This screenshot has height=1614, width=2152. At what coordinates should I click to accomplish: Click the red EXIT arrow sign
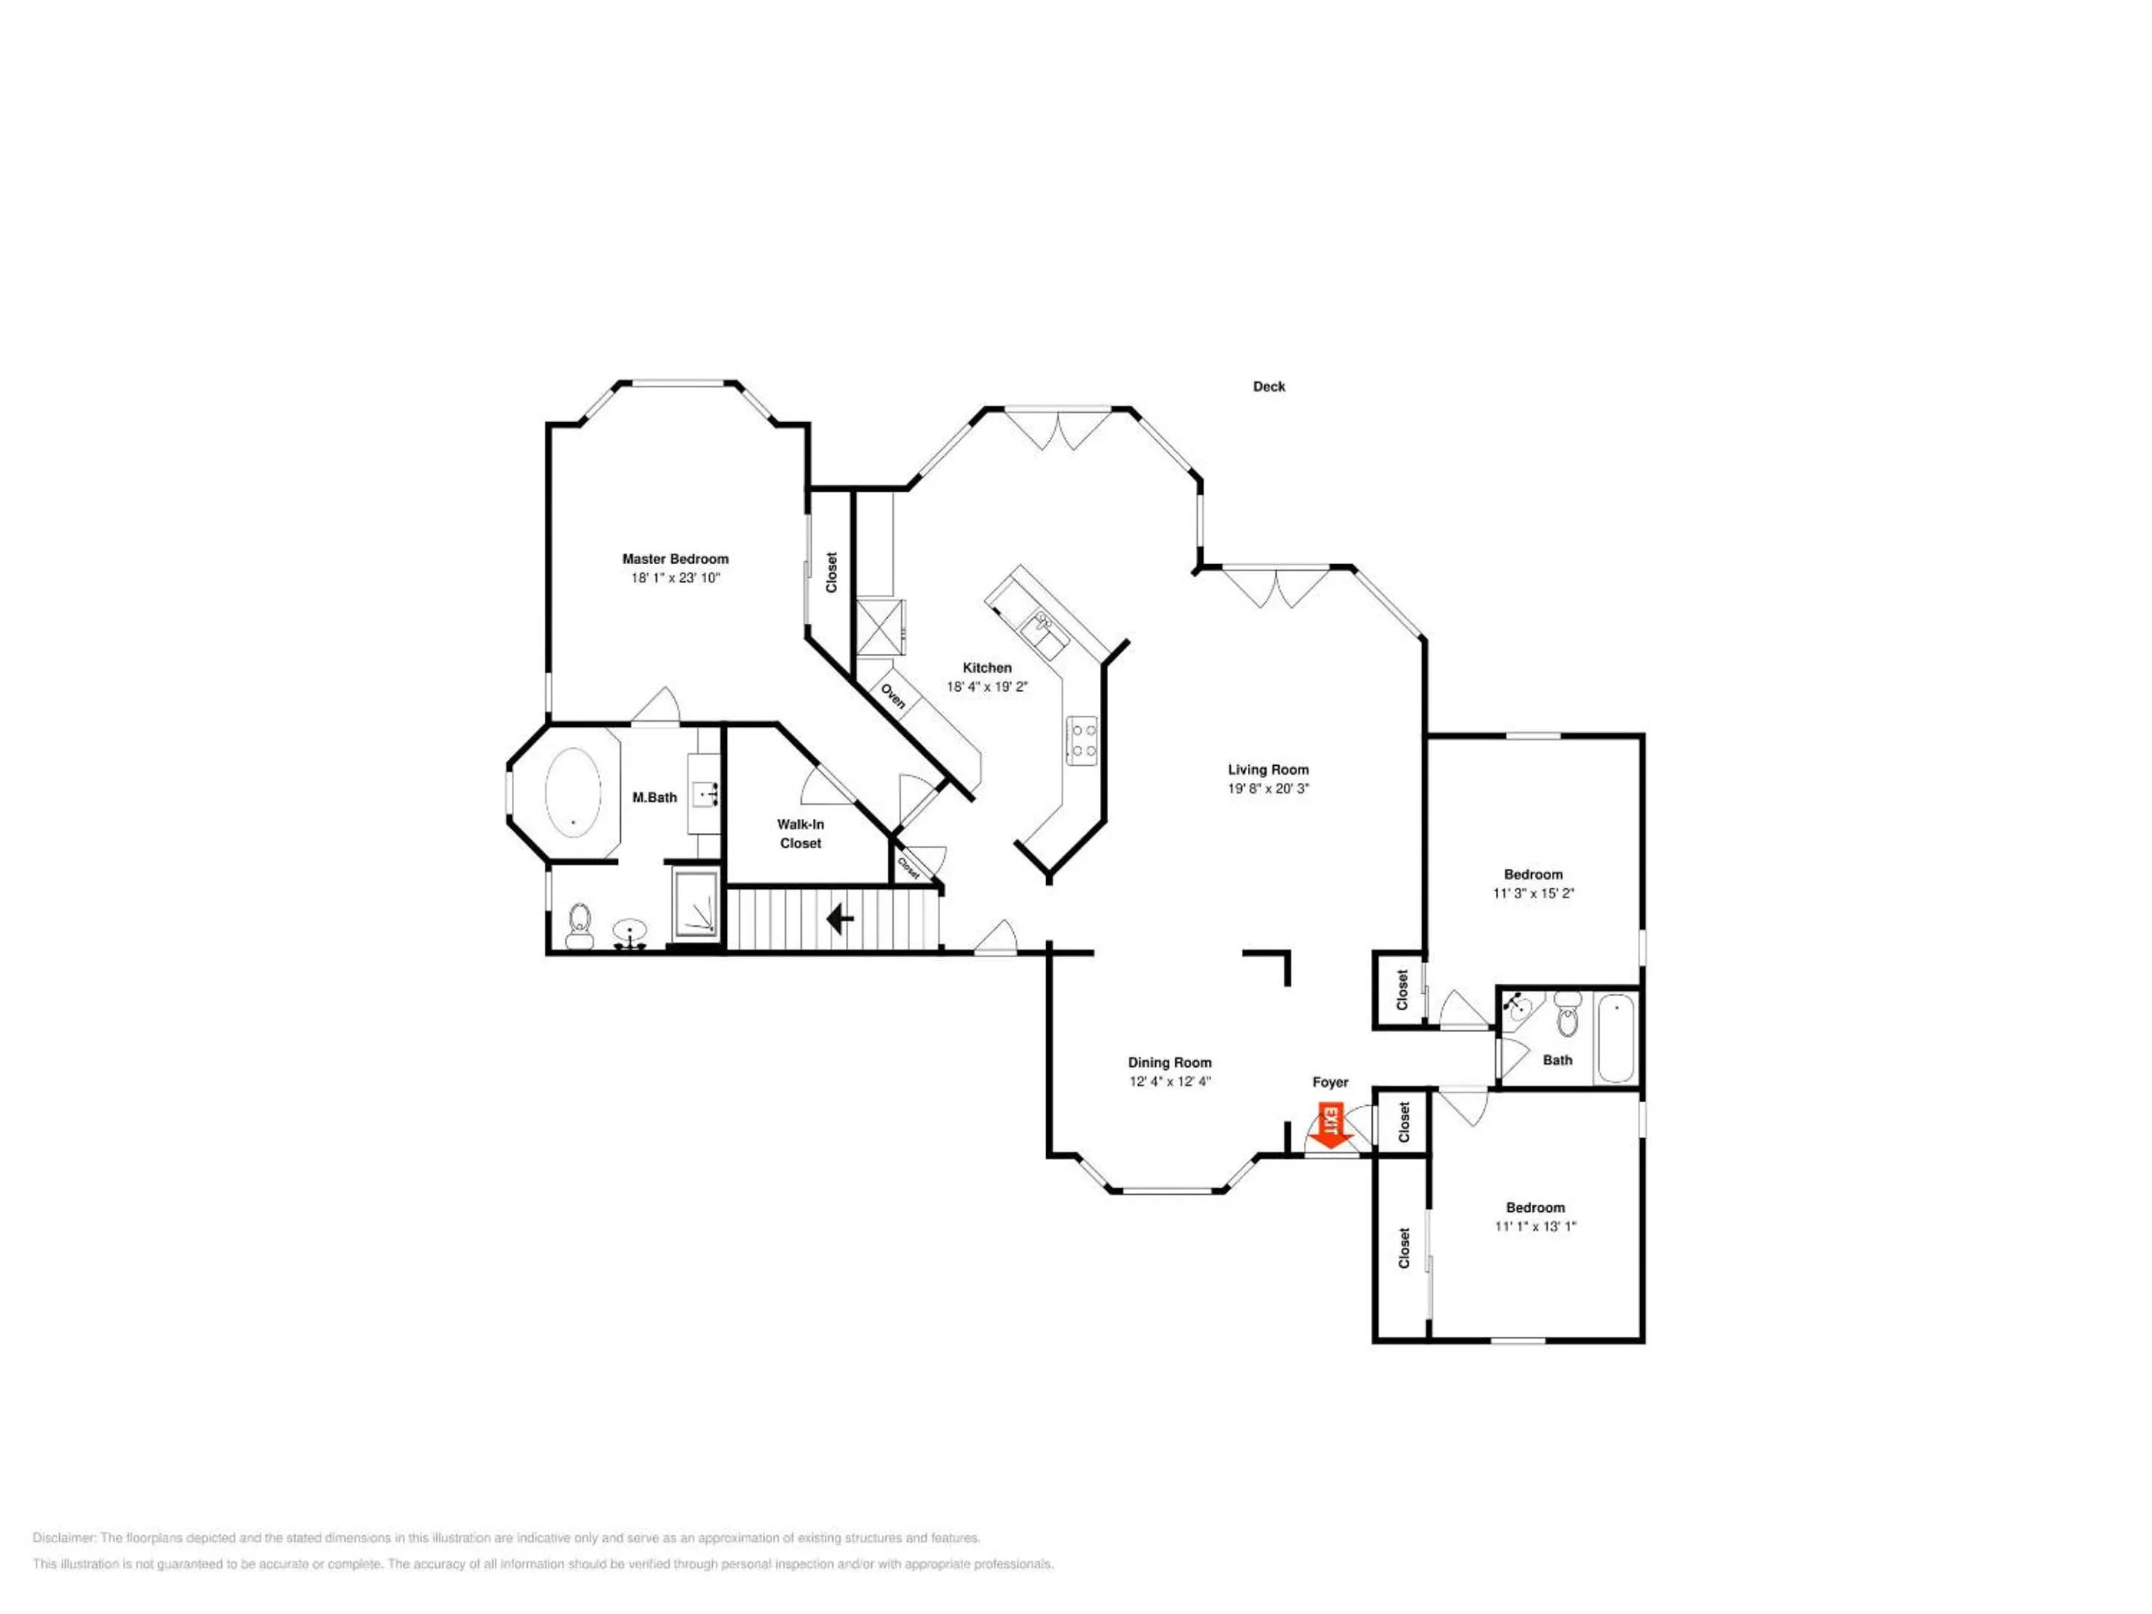1330,1125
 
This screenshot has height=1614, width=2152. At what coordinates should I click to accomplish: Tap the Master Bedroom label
675,560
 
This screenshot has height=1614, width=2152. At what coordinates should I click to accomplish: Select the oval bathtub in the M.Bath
573,793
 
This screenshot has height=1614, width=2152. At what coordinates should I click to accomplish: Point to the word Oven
893,696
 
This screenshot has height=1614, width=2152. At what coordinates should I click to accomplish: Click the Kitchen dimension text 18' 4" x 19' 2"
988,687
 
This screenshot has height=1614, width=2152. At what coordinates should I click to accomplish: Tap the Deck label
1269,387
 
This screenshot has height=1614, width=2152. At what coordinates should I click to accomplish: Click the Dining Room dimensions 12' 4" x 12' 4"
1169,1082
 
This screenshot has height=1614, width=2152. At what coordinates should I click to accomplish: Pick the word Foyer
1330,1083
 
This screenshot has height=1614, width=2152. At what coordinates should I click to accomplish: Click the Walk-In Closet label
801,834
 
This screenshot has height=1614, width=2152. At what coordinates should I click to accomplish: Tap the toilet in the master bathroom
580,925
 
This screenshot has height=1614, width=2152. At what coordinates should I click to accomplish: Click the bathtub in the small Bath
1616,1037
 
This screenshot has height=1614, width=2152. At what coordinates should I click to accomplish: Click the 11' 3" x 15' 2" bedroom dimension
1533,893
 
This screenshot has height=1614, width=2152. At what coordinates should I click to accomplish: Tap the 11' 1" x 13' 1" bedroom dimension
1536,1227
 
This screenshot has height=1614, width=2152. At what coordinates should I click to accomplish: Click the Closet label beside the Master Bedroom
831,573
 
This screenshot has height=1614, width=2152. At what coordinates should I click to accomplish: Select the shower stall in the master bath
696,906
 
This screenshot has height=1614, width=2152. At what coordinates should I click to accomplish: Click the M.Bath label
655,798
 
